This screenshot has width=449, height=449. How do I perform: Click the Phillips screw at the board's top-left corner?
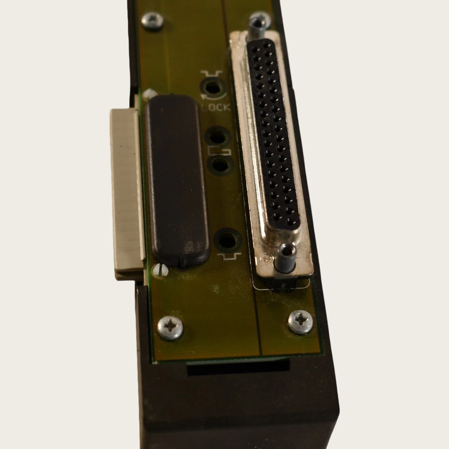[152, 20]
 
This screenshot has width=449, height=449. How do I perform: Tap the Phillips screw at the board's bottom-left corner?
[170, 328]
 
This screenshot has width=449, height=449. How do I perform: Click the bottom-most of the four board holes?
[228, 240]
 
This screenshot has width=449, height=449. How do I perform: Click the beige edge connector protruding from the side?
[126, 193]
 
